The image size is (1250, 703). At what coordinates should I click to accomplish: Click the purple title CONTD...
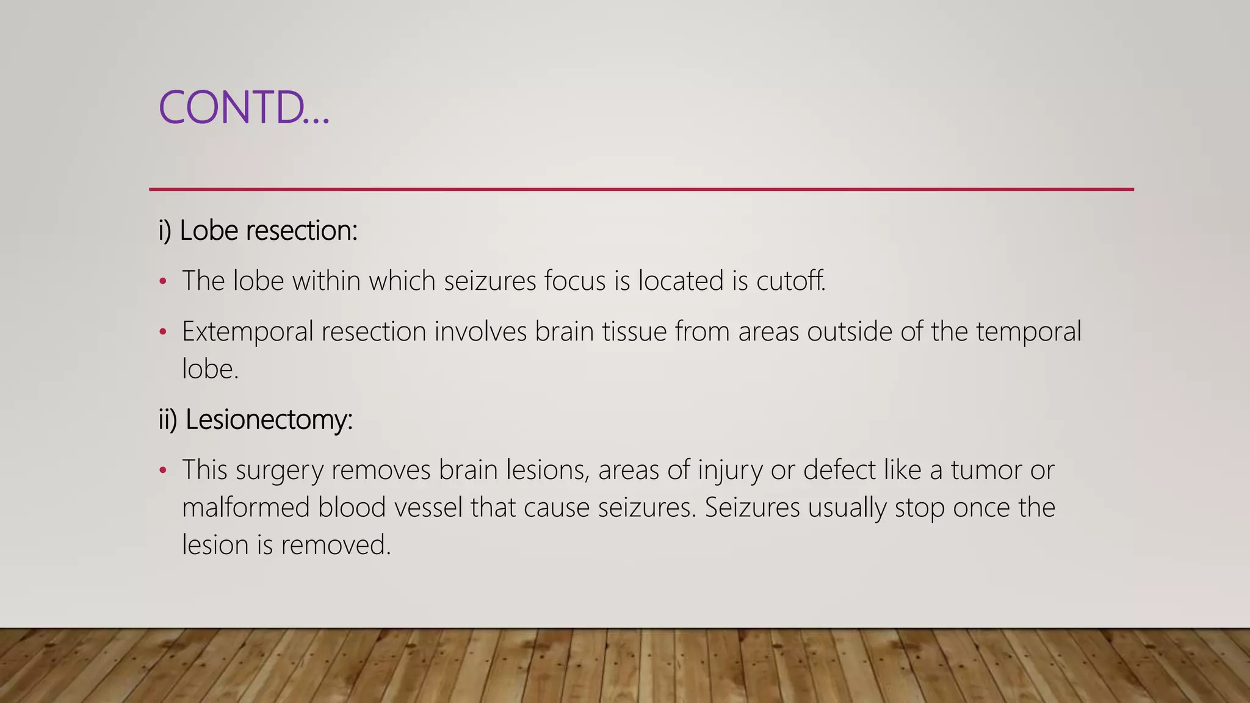coord(243,107)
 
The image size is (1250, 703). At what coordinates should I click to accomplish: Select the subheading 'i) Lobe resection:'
coord(258,231)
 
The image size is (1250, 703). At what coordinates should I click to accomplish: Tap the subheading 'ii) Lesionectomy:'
coord(256,420)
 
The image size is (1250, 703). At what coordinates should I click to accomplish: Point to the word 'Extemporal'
coord(247,332)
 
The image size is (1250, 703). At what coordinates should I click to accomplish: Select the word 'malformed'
coord(245,508)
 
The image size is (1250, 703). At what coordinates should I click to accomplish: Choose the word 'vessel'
coord(427,508)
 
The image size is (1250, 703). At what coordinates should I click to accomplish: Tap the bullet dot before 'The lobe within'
coord(162,282)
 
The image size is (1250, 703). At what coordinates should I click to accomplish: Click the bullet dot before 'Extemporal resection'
coord(162,333)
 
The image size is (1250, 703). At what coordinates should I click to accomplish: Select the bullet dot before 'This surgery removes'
coord(162,470)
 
